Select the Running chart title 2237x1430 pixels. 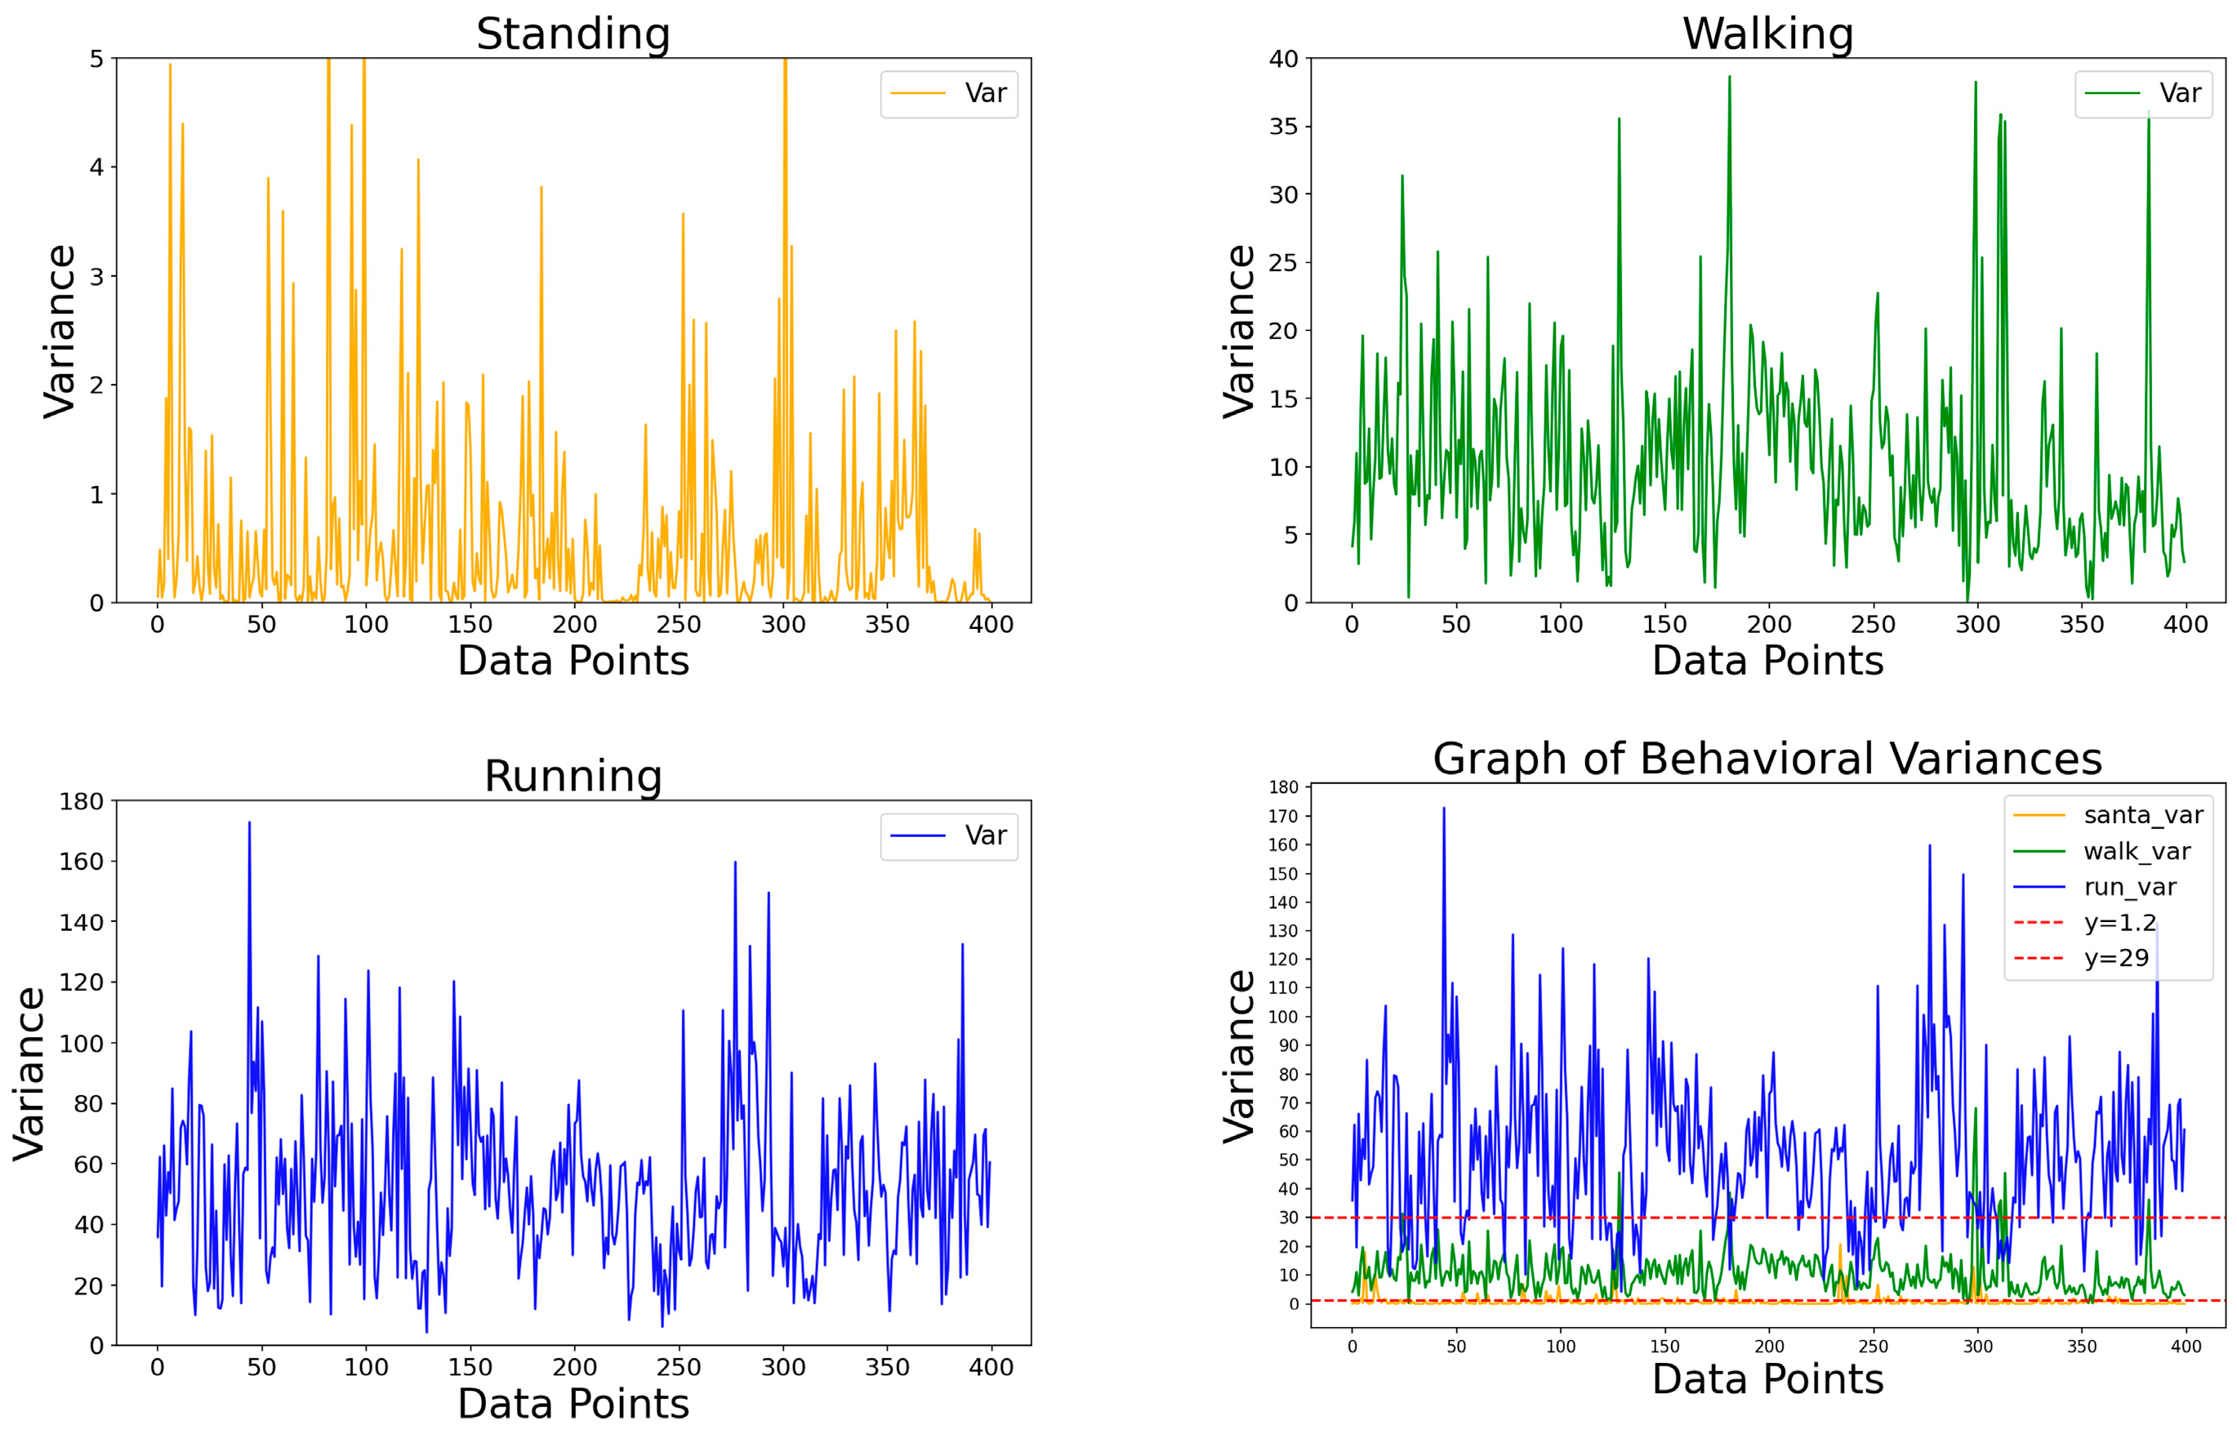[x=573, y=776]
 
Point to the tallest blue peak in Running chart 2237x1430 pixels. [x=249, y=823]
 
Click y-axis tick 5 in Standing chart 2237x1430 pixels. [x=96, y=59]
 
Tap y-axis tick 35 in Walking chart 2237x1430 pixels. [x=1283, y=127]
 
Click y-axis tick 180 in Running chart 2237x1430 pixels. [x=81, y=801]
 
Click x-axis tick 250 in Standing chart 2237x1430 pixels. [x=678, y=625]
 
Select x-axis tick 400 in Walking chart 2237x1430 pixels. [x=2185, y=625]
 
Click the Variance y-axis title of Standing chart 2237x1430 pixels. [x=60, y=331]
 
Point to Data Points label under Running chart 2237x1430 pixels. [x=573, y=1403]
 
